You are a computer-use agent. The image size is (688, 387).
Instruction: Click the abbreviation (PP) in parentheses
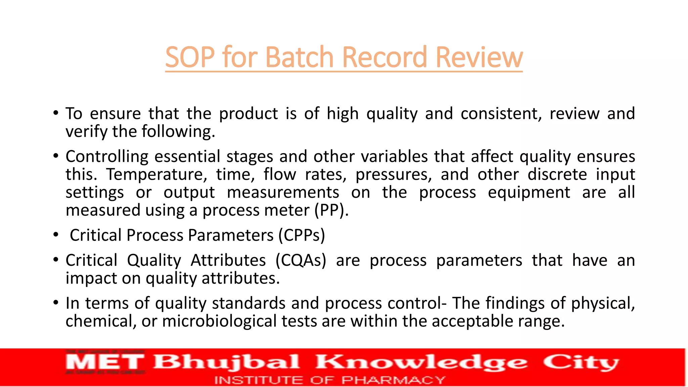tap(331, 210)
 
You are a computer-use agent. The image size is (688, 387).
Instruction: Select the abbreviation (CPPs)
tap(302, 235)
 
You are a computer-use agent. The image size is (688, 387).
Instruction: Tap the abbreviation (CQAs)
tap(301, 260)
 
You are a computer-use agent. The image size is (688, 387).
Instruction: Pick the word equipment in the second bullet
tap(529, 192)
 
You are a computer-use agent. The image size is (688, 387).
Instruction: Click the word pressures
tap(394, 174)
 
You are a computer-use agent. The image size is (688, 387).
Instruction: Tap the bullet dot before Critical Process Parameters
tap(56, 235)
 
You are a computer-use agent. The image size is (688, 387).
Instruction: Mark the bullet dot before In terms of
tap(56, 303)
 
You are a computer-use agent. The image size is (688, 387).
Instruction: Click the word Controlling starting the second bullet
tap(107, 157)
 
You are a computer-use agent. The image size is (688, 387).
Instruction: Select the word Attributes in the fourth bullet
tap(228, 260)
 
